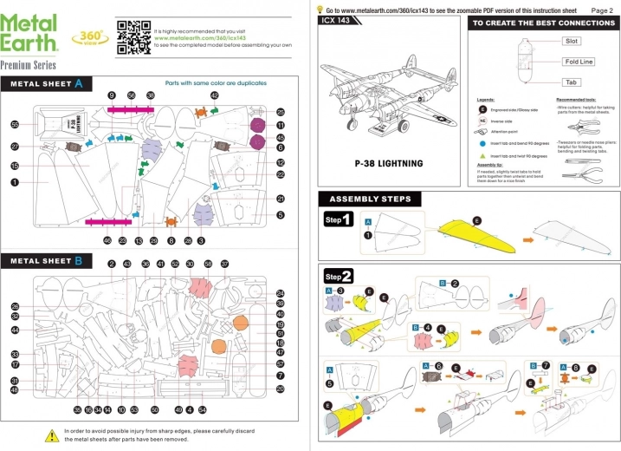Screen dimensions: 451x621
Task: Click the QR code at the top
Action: tap(133, 36)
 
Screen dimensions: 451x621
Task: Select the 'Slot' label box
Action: tap(572, 41)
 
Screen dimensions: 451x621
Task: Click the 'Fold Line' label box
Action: tap(578, 62)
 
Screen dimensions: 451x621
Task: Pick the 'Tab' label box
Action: tap(572, 82)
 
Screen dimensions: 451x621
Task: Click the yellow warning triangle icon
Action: tap(51, 434)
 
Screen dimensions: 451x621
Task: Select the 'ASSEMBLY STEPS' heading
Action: tap(370, 199)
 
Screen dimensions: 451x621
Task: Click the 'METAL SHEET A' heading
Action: tap(48, 84)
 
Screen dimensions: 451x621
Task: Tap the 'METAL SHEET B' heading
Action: tap(48, 260)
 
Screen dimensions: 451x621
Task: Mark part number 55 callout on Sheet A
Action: tap(15, 125)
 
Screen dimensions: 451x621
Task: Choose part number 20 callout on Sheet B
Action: tap(281, 389)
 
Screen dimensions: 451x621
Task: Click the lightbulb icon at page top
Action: tap(320, 8)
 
